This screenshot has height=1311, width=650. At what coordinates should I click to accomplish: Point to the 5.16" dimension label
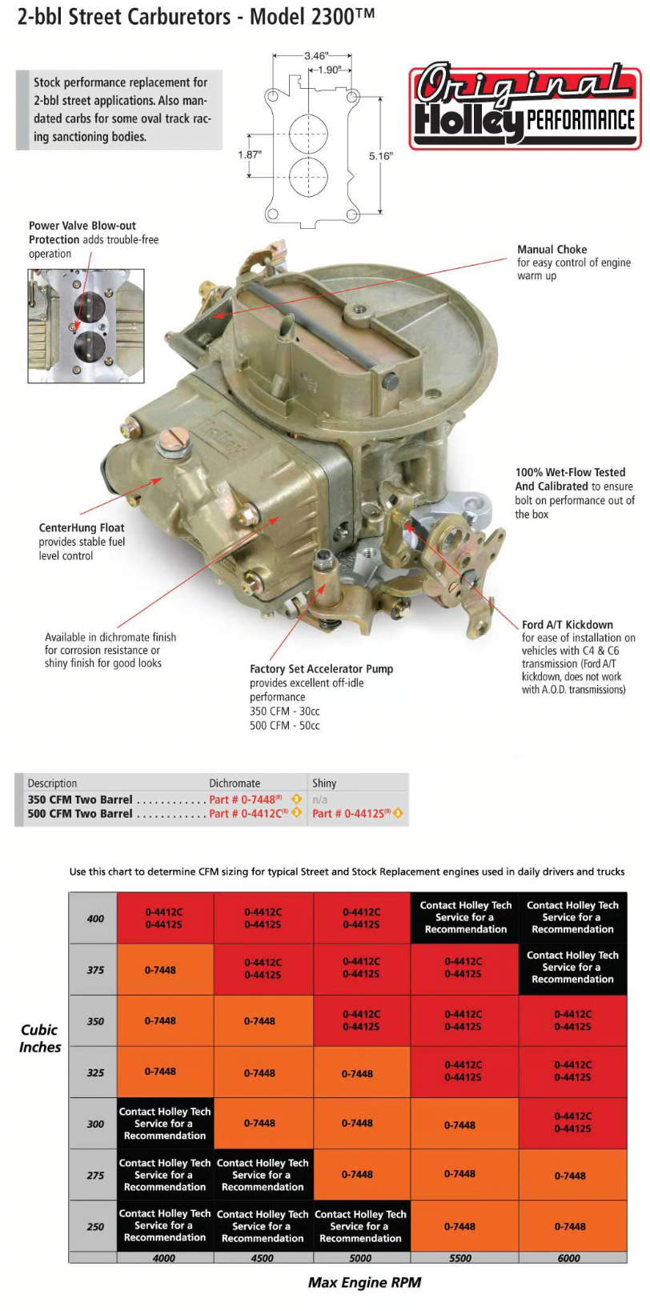pos(380,156)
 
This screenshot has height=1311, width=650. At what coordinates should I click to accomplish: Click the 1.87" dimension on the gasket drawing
pos(250,154)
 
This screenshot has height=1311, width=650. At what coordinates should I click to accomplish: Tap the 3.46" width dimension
pos(315,56)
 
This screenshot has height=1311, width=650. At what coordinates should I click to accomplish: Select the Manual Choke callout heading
pos(552,250)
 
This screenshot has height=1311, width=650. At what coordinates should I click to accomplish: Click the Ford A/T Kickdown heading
pos(568,624)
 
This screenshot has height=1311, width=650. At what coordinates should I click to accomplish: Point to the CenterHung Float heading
pos(82,527)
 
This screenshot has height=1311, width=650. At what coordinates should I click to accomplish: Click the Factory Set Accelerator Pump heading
pos(322,668)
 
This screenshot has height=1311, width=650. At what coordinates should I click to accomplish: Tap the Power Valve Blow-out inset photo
pos(86,326)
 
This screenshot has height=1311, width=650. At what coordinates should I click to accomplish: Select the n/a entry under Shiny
pos(319,800)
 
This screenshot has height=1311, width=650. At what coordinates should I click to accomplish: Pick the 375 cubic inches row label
pos(95,970)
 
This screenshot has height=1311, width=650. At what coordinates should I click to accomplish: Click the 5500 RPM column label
pos(460,1257)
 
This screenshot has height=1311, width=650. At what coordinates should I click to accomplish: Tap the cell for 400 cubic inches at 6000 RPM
pos(572,917)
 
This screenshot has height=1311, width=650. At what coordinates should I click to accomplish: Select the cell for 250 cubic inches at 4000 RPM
pos(165,1225)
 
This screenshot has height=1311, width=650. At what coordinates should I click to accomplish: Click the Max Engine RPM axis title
pos(364,1282)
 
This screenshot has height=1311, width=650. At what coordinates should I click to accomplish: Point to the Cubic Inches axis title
pos(40,1038)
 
